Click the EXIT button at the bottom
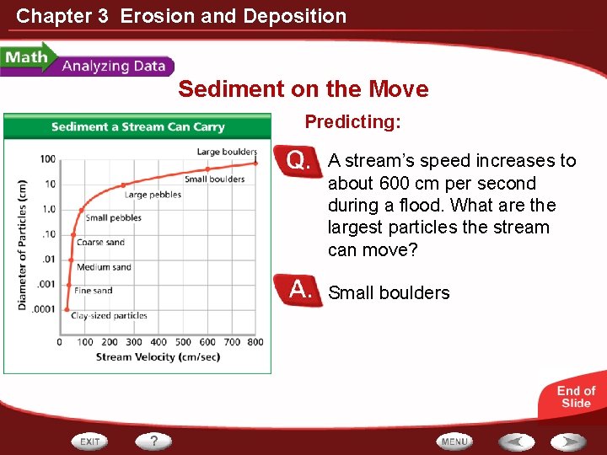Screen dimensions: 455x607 (x=90, y=442)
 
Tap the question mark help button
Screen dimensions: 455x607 (x=154, y=441)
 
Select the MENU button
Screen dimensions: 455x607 (x=454, y=442)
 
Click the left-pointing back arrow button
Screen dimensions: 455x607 (x=515, y=442)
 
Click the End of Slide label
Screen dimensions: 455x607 (x=576, y=397)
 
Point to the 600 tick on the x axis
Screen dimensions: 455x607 (x=207, y=342)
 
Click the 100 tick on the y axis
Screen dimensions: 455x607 (x=47, y=158)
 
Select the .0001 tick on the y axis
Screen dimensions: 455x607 (x=44, y=309)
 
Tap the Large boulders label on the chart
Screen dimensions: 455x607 (x=227, y=152)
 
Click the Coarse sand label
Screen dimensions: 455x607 (x=100, y=243)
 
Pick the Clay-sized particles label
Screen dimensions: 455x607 (x=109, y=316)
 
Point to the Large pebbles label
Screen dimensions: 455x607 (x=153, y=195)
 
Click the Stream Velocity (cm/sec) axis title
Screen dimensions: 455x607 (x=158, y=357)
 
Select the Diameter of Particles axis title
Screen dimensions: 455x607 (x=23, y=244)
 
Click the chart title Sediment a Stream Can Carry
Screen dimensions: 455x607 (x=137, y=127)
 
